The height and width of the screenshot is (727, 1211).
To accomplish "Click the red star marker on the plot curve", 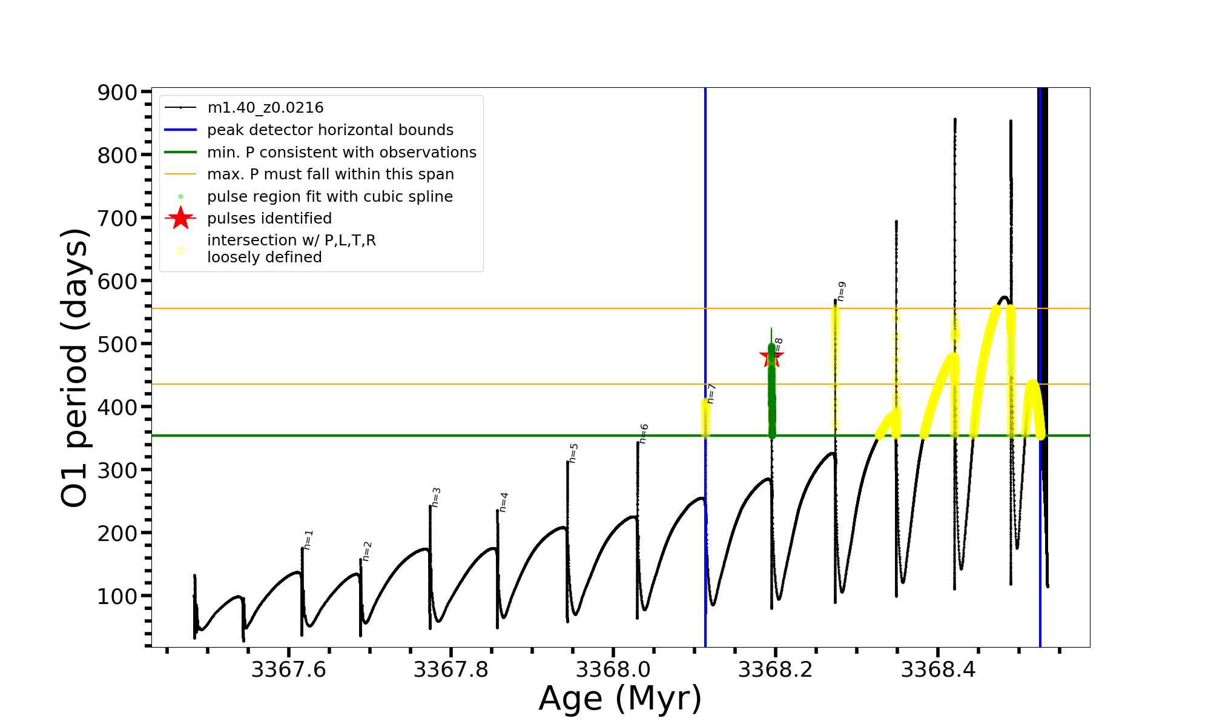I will [771, 356].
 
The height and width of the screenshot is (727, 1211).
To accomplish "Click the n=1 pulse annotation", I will [308, 539].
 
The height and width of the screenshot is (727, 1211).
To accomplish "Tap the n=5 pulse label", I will [573, 453].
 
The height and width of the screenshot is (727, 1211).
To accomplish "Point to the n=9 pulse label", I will [841, 291].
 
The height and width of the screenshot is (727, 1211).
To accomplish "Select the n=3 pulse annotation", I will [436, 497].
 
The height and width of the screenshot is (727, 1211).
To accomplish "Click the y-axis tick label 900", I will [117, 92].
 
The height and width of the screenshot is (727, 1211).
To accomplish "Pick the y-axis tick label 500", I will [117, 344].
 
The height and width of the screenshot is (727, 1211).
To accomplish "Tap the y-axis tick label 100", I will [117, 596].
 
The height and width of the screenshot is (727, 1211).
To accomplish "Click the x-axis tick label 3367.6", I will [288, 670].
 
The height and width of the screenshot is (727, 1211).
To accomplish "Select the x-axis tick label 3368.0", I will [613, 670].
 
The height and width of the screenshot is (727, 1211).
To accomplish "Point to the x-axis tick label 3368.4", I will [938, 670].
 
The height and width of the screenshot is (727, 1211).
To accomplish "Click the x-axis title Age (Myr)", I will [620, 699].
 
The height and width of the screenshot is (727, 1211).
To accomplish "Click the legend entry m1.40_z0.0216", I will [265, 108].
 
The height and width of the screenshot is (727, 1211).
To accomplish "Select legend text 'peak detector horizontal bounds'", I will [330, 130].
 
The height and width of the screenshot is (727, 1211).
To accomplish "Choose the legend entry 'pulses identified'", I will [269, 219].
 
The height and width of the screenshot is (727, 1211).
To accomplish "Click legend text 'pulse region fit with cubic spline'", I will [330, 197].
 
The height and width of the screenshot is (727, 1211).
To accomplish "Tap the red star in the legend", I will [180, 218].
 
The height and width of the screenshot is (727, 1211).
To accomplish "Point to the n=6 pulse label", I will [644, 433].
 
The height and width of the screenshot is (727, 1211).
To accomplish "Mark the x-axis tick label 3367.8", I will [450, 670].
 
